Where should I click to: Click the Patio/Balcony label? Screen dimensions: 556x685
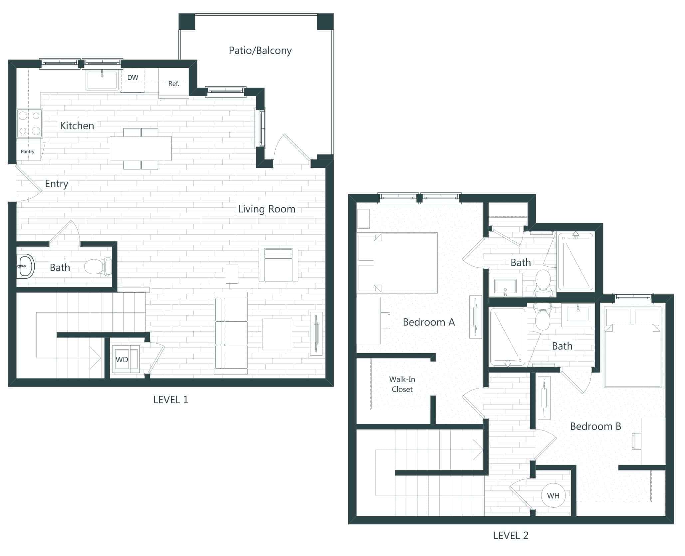(260, 51)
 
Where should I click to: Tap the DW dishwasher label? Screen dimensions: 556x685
(132, 78)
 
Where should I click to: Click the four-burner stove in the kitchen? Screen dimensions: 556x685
(30, 123)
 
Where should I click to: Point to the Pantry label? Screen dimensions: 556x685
(28, 151)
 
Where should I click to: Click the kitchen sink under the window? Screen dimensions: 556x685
(102, 80)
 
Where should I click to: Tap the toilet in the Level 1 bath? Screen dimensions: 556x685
(98, 266)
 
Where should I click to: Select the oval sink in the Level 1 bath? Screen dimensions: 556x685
(25, 266)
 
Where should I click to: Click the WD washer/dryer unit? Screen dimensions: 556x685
(122, 360)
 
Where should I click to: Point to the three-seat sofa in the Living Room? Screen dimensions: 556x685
(231, 333)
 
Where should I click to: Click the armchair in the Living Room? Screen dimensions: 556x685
(278, 265)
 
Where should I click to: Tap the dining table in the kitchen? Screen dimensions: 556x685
(141, 148)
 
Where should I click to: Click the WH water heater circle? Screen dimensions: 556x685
(553, 496)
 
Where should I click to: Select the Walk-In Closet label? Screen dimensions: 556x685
(402, 384)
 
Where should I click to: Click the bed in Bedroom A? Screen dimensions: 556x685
(405, 263)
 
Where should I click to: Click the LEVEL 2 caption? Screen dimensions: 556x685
(511, 535)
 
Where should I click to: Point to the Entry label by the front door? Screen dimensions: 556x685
(57, 184)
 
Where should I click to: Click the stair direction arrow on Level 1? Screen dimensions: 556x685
(95, 358)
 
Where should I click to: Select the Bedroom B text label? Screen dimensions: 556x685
(595, 426)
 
